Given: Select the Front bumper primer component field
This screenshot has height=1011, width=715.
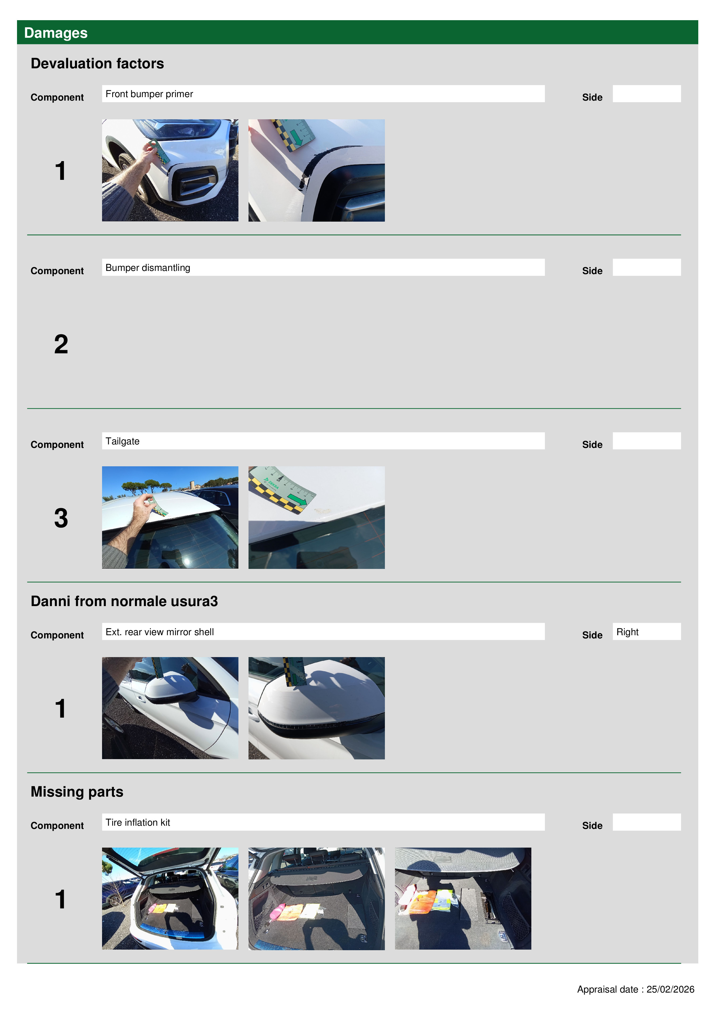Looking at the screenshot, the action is pos(323,94).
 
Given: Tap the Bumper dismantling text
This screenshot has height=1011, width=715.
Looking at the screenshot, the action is pos(148,268).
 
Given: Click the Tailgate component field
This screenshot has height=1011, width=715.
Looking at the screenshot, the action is pos(323,441).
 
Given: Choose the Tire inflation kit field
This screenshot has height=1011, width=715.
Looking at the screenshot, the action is pos(323,822).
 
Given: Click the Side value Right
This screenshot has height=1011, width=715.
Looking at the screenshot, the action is pos(627,632).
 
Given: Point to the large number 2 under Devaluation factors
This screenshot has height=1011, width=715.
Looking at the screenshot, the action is pos(61,344).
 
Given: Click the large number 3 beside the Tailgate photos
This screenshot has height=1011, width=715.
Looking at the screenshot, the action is pos(61,518).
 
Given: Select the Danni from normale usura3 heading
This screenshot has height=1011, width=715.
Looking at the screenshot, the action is pos(124,601).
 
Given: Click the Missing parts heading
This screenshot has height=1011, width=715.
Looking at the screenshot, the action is pos(77,792).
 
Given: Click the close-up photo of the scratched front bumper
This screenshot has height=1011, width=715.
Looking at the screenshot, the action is pos(316,170).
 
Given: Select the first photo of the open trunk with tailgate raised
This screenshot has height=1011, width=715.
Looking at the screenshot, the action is pos(170,898).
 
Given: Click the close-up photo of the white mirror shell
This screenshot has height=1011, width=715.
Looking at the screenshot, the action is pos(316,708).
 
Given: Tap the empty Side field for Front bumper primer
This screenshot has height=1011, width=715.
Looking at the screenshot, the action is pos(647,94).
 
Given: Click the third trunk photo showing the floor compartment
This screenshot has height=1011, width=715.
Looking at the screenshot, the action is pos(463,898).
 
